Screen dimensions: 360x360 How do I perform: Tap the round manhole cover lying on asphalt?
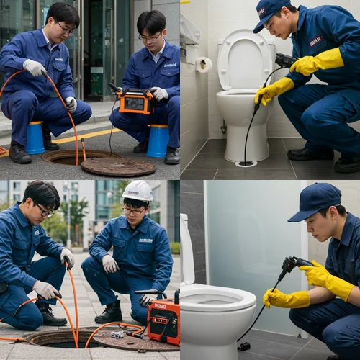pyautogui.click(x=117, y=166)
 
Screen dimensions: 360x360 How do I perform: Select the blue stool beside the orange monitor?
pyautogui.click(x=158, y=140)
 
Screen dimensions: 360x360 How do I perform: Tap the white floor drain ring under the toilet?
pyautogui.click(x=246, y=163)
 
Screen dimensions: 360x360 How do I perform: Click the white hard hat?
pyautogui.click(x=138, y=191)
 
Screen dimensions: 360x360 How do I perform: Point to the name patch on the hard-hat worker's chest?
pyautogui.click(x=145, y=240)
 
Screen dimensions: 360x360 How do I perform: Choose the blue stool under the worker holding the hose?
pyautogui.click(x=35, y=138)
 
